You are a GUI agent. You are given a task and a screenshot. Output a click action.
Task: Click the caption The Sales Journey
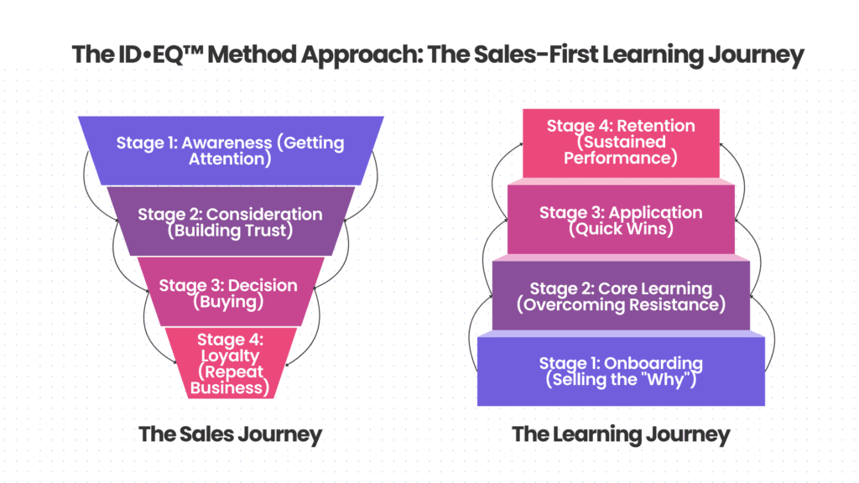click(230, 434)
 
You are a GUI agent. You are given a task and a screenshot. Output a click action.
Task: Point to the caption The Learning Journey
click(621, 434)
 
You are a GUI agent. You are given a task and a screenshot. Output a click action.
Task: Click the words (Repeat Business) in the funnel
click(230, 379)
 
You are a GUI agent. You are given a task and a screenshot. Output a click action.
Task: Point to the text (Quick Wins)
click(621, 229)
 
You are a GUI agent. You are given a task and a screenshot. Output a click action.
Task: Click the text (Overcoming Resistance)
click(621, 304)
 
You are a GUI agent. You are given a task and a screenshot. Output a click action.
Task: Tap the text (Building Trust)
click(230, 231)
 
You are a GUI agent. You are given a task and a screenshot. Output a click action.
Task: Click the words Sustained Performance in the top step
click(621, 149)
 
